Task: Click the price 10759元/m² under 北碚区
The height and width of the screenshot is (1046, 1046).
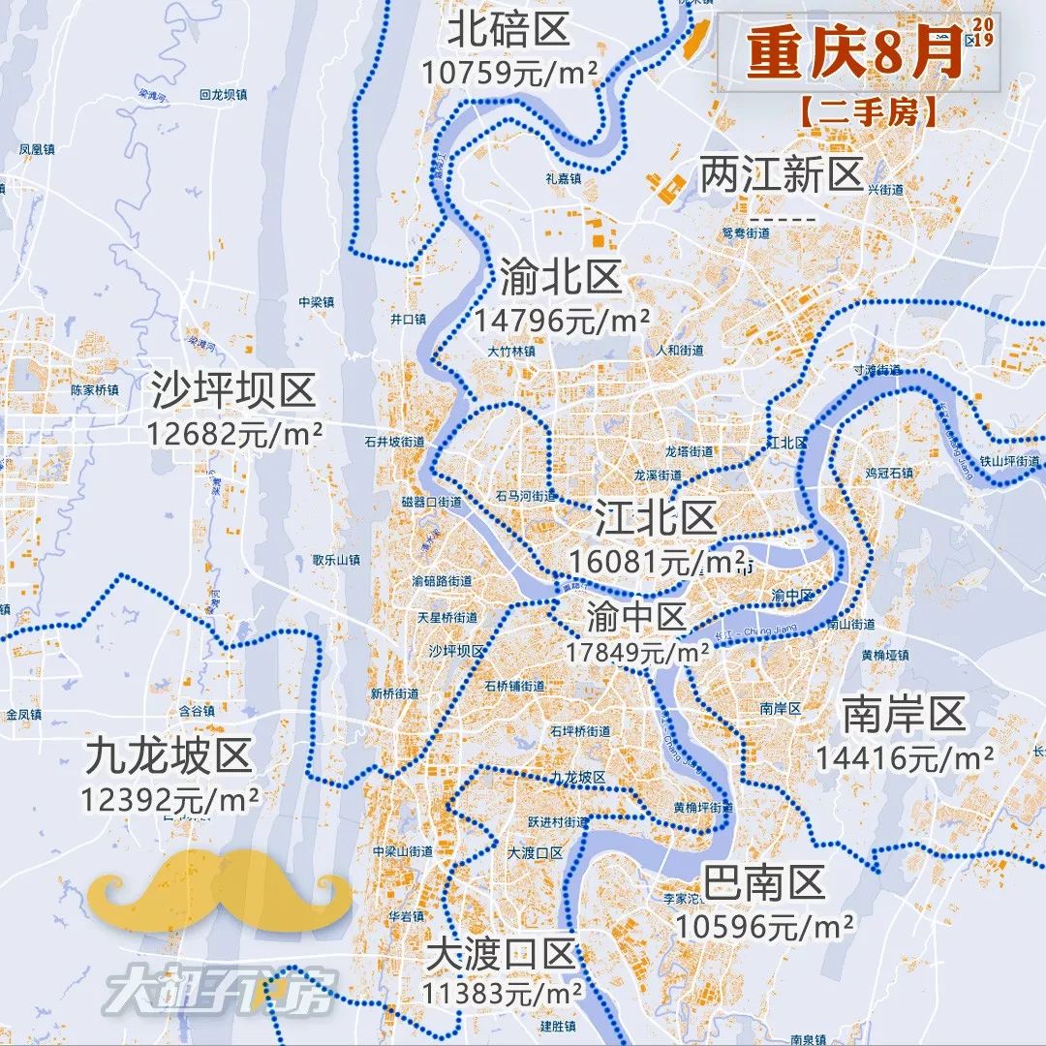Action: pos(508,73)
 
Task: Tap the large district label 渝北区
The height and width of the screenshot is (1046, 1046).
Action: pos(561,279)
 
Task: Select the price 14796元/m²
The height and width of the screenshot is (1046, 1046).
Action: pos(562,320)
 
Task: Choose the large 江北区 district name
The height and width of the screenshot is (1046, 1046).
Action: pos(656,519)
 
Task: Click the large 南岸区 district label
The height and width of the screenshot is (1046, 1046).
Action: pos(905,715)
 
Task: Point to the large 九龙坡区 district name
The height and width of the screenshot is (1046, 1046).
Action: pos(169,756)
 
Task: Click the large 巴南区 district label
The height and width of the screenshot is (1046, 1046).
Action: pos(764,883)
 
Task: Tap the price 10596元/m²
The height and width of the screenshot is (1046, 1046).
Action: pos(765,926)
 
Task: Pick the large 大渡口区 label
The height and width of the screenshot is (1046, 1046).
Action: pos(502,956)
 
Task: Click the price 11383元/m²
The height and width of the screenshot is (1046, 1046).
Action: pos(502,993)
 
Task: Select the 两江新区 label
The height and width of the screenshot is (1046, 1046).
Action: pos(782,176)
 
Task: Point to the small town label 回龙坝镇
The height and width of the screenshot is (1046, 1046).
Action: pos(223,95)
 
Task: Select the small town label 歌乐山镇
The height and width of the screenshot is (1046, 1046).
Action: pos(336,560)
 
